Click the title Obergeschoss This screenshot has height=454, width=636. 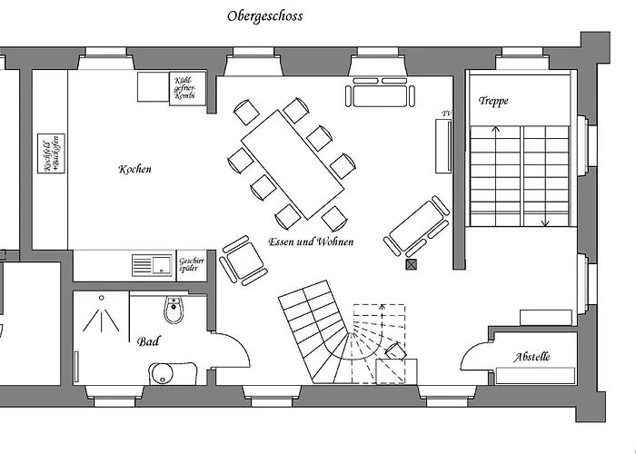pos(264,15)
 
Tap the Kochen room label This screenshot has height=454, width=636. pos(134,169)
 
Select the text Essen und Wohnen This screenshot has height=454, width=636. pos(311,242)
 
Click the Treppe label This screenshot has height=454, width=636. pos(493,101)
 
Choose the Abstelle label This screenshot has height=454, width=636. pos(532,357)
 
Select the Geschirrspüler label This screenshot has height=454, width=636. pos(193,264)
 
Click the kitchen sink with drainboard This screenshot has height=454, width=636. pos(153,264)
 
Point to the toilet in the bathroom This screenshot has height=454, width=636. pos(173,312)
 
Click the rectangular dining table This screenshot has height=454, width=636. pos(293,163)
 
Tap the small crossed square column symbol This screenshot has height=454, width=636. pos(412,265)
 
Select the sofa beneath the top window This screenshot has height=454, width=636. pos(380,94)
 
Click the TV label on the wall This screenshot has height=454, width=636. pos(445,113)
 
